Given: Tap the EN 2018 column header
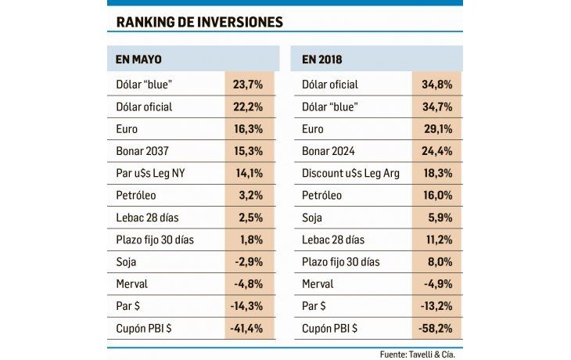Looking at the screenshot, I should coord(323,59).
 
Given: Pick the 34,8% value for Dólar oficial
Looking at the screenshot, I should coord(436,85).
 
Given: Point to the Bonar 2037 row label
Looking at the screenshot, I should coord(142,151).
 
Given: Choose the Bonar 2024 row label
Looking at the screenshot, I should coord(329,151).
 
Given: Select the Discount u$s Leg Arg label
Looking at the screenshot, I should coord(350,173).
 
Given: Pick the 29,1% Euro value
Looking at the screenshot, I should coord(436,128).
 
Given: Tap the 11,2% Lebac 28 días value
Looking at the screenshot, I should coord(436,239).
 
